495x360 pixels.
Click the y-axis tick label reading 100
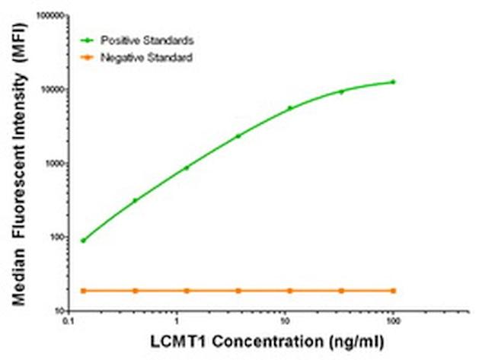[x=53, y=237]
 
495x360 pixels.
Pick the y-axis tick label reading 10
[x=55, y=311]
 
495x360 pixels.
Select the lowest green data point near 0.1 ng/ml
[x=83, y=241]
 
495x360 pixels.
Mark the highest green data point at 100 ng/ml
[x=393, y=81]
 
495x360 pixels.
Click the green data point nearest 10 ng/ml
[x=290, y=108]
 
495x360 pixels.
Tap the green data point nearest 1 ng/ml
[x=187, y=167]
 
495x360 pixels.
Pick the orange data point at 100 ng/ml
[x=393, y=291]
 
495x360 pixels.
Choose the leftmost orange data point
[x=83, y=291]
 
